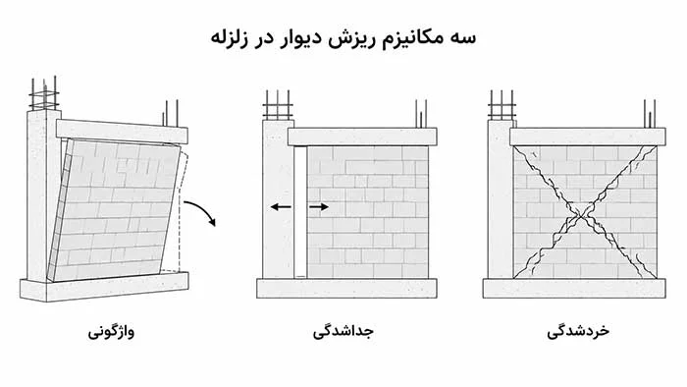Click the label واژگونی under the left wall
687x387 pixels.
click(x=111, y=331)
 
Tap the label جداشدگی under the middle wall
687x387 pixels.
click(x=343, y=331)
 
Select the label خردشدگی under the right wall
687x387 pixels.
click(x=578, y=330)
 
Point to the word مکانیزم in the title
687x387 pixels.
click(x=420, y=37)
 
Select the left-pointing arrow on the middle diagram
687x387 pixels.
click(x=281, y=207)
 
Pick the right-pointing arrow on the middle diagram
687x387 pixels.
click(x=319, y=207)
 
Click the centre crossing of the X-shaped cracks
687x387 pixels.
click(x=582, y=215)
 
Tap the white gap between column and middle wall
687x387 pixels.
click(x=300, y=212)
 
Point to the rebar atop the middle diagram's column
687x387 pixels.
click(x=278, y=105)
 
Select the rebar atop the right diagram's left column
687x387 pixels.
click(x=502, y=105)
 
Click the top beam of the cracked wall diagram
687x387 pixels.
click(x=588, y=137)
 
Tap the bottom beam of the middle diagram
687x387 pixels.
click(x=346, y=288)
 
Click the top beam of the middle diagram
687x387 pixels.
click(x=362, y=137)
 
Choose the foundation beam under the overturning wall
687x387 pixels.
click(x=104, y=287)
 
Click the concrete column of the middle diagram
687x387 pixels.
click(x=278, y=199)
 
